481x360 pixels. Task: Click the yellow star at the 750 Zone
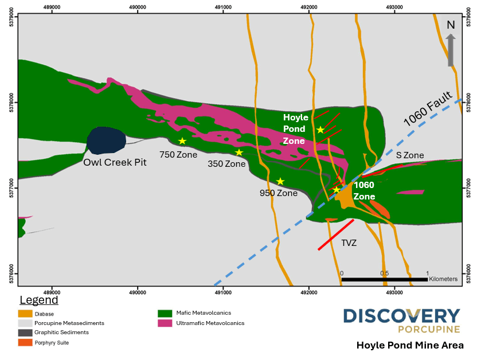pos(182,141)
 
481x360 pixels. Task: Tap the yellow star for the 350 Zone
pos(239,152)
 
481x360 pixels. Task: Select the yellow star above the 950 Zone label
pos(280,181)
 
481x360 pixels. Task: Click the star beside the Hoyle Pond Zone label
pos(320,130)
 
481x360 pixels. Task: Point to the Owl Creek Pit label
pos(115,162)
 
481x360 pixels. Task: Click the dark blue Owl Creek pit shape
pos(106,140)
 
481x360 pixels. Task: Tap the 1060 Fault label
pos(429,110)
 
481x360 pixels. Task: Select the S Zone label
pos(410,155)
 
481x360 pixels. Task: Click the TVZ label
pos(349,243)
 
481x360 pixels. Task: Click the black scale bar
pos(385,279)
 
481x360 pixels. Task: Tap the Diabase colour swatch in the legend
pos(25,314)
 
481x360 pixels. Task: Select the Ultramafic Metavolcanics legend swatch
pos(165,323)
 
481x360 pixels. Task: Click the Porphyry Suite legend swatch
pos(25,342)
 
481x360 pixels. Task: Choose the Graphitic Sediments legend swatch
pos(25,332)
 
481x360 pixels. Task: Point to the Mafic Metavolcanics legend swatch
pos(165,314)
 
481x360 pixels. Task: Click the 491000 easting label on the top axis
pos(223,7)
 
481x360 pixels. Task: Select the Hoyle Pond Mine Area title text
pos(410,345)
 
